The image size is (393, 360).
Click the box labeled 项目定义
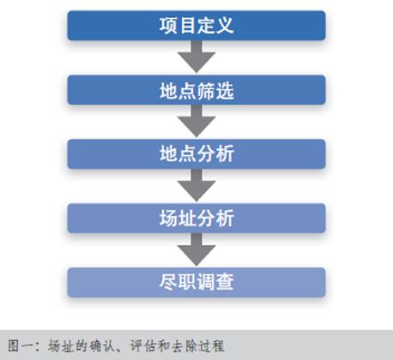(x=196, y=26)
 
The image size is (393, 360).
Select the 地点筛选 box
(x=196, y=90)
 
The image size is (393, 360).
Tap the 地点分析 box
(x=196, y=154)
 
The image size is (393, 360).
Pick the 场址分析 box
(x=196, y=219)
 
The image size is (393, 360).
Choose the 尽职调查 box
(x=196, y=283)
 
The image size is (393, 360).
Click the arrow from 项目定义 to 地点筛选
(x=196, y=57)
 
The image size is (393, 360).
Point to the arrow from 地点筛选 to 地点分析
(x=196, y=121)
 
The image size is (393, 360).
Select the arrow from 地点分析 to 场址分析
(x=196, y=185)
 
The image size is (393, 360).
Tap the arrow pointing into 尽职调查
(x=196, y=249)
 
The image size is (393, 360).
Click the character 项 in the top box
(x=169, y=26)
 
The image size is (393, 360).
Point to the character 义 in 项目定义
(x=225, y=26)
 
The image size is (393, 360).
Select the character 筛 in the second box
(x=206, y=91)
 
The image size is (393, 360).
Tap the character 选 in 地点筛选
(x=225, y=91)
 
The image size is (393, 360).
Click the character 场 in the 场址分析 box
(x=169, y=219)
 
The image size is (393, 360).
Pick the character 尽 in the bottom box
(x=169, y=282)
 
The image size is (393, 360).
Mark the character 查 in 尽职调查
(x=225, y=282)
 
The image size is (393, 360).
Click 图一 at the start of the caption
(x=20, y=345)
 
